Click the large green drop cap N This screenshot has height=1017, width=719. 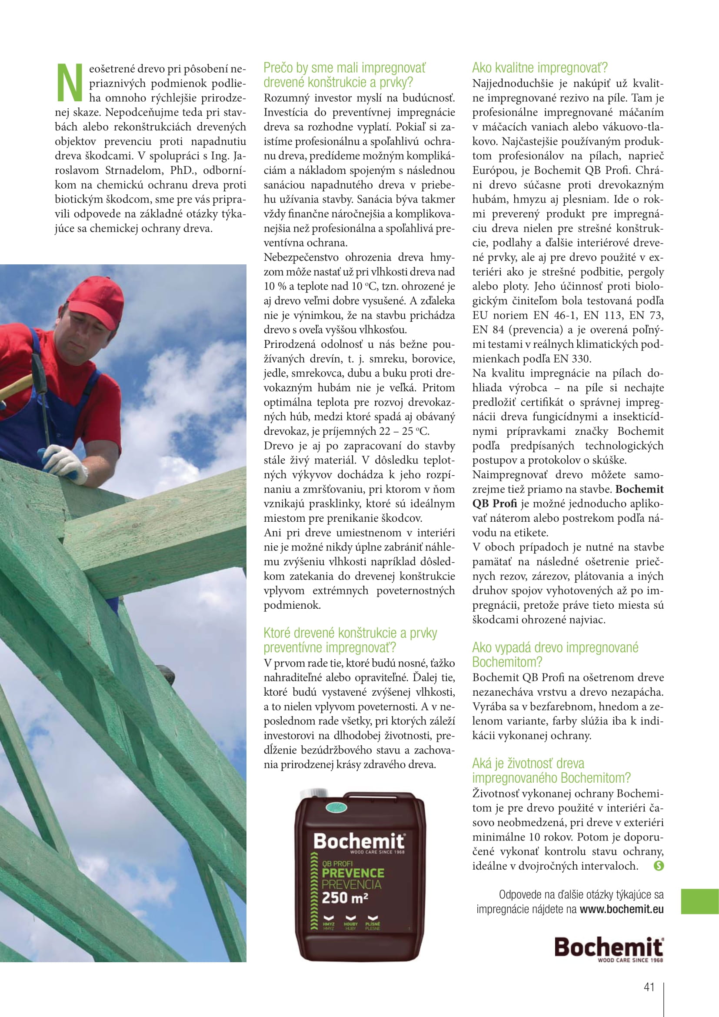[70, 82]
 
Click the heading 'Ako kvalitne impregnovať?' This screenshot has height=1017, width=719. [540, 68]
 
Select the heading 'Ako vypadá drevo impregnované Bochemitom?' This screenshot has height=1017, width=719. [555, 655]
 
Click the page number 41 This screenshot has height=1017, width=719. [649, 987]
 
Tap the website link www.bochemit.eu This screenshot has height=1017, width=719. [622, 909]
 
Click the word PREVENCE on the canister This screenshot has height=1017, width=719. [353, 873]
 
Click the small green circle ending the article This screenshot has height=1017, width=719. [659, 866]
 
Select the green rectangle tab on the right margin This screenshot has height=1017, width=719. [699, 901]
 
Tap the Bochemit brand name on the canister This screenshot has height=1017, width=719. [359, 841]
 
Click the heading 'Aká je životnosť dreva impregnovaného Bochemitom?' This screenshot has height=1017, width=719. [551, 771]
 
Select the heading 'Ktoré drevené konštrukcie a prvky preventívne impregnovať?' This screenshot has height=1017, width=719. [350, 640]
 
